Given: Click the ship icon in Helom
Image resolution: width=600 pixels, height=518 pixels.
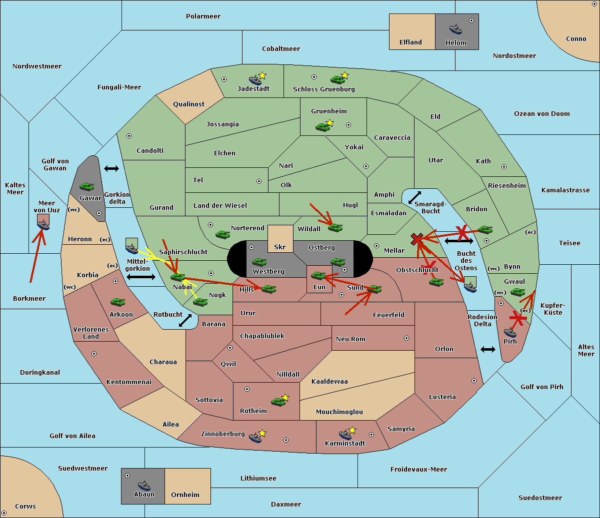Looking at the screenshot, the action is [455, 29].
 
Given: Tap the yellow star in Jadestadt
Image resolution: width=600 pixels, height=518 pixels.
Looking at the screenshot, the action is [262, 75].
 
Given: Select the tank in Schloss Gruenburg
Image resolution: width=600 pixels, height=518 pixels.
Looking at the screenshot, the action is [337, 79].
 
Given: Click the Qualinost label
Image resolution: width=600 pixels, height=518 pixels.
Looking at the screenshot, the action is [188, 104].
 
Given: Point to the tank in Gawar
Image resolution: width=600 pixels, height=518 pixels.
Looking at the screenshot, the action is [86, 186].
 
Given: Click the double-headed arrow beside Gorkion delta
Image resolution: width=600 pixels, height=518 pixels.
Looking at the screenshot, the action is [111, 168].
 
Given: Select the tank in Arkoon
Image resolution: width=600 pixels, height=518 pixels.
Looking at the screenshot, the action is [117, 302].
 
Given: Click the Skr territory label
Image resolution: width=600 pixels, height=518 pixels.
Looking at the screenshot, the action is [280, 247].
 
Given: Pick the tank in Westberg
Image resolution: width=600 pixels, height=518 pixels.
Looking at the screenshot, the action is [259, 262].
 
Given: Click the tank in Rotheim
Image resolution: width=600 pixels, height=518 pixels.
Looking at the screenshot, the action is [278, 402].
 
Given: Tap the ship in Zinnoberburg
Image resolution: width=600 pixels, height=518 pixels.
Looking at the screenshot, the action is [255, 437].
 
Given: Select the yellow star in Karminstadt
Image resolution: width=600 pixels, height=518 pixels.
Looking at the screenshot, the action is [352, 430].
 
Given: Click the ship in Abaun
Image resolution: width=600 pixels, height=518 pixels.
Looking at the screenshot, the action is [144, 485].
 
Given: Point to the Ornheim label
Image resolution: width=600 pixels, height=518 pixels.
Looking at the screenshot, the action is [185, 495].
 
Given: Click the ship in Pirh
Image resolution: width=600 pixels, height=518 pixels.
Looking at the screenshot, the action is [510, 332].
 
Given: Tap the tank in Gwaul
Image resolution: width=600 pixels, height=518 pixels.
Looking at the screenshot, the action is [517, 292].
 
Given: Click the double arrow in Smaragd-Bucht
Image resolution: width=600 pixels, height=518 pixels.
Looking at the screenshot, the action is [414, 197].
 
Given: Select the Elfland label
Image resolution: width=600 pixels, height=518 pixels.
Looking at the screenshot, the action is [410, 42].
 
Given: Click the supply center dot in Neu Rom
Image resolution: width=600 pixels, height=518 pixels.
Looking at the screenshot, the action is [406, 338].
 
